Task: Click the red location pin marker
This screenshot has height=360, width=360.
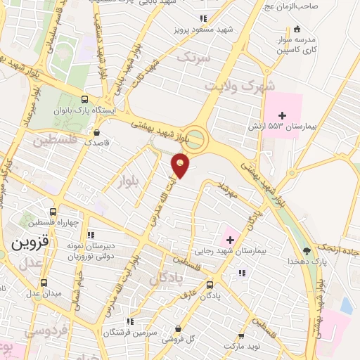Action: pyautogui.click(x=181, y=167)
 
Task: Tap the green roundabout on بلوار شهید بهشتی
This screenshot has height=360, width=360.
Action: pyautogui.click(x=195, y=139)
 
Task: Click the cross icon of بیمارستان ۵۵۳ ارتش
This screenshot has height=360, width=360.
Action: pyautogui.click(x=283, y=115)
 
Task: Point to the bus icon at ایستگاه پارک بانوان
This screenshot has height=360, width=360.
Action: pyautogui.click(x=85, y=99)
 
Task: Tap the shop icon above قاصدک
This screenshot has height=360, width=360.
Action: pyautogui.click(x=96, y=131)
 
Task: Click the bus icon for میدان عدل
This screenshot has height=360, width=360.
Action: pyautogui.click(x=44, y=283)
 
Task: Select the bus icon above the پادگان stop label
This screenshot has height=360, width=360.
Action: pyautogui.click(x=210, y=285)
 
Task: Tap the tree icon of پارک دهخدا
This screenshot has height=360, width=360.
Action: pyautogui.click(x=306, y=250)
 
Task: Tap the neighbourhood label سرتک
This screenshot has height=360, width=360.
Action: pyautogui.click(x=194, y=59)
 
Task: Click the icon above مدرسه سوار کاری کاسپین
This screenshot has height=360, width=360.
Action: pyautogui.click(x=298, y=29)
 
